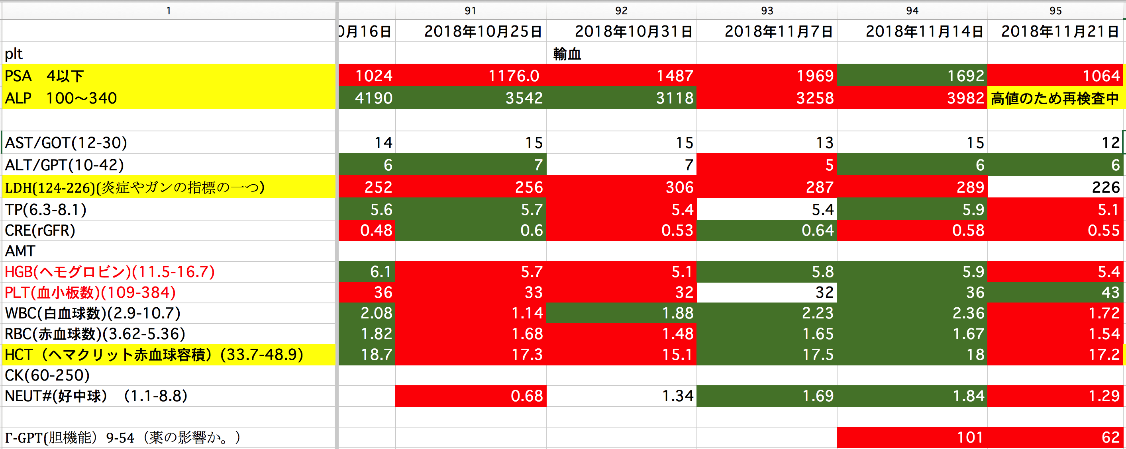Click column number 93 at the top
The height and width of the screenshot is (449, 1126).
767,10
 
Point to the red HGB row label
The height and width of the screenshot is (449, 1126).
110,272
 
